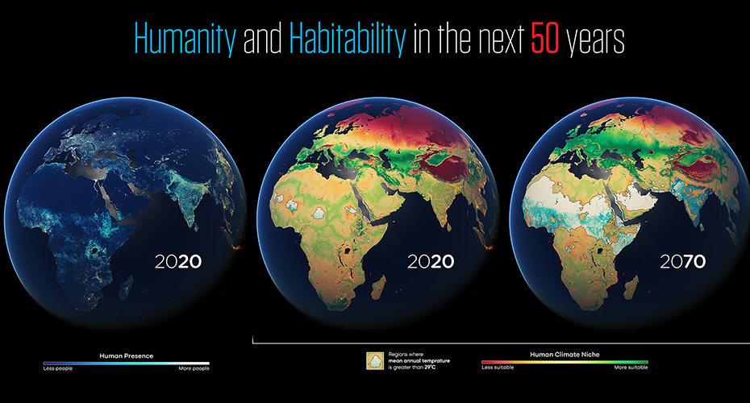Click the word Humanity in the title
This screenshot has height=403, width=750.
pos(184,39)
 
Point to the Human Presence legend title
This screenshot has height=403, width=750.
pos(127,355)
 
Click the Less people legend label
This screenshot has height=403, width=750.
pos(58,368)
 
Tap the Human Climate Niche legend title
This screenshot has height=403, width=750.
pos(564,354)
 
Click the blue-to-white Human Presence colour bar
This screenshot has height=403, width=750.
pos(126,363)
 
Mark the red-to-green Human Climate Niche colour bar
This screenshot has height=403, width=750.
pos(564,362)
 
